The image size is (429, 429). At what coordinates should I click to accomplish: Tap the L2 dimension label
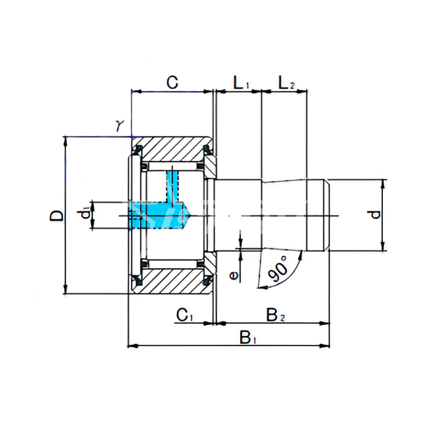[x=286, y=82]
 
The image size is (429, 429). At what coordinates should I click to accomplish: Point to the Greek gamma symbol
[x=120, y=126]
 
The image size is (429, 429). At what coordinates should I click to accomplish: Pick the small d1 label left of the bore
[x=86, y=214]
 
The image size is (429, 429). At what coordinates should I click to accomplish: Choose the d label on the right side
[x=376, y=214]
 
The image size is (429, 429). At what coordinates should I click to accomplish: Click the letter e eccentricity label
[x=234, y=276]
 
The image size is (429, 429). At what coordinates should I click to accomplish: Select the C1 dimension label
[x=185, y=315]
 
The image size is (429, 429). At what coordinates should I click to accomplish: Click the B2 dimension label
[x=276, y=315]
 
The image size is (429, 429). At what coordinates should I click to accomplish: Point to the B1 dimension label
[x=248, y=337]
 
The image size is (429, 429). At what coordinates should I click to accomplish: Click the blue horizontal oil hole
[x=158, y=215]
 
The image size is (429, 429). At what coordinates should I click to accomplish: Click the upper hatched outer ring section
[x=172, y=149]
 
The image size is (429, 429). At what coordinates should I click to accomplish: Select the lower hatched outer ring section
[x=172, y=281]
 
